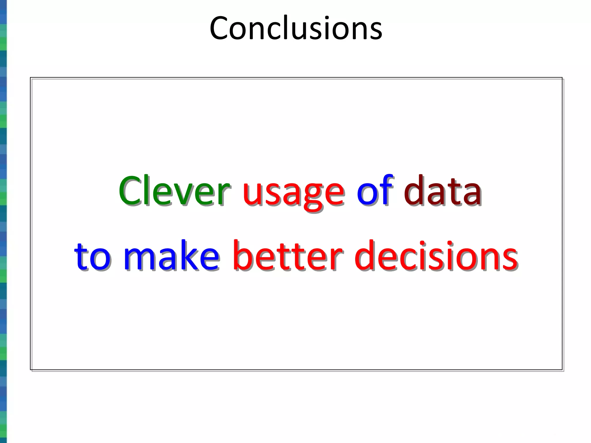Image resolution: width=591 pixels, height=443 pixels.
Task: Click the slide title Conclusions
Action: (296, 28)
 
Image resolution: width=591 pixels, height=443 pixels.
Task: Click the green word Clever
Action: (174, 191)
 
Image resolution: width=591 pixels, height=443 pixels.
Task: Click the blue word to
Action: (92, 256)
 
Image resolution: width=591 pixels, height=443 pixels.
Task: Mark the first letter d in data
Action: (414, 191)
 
